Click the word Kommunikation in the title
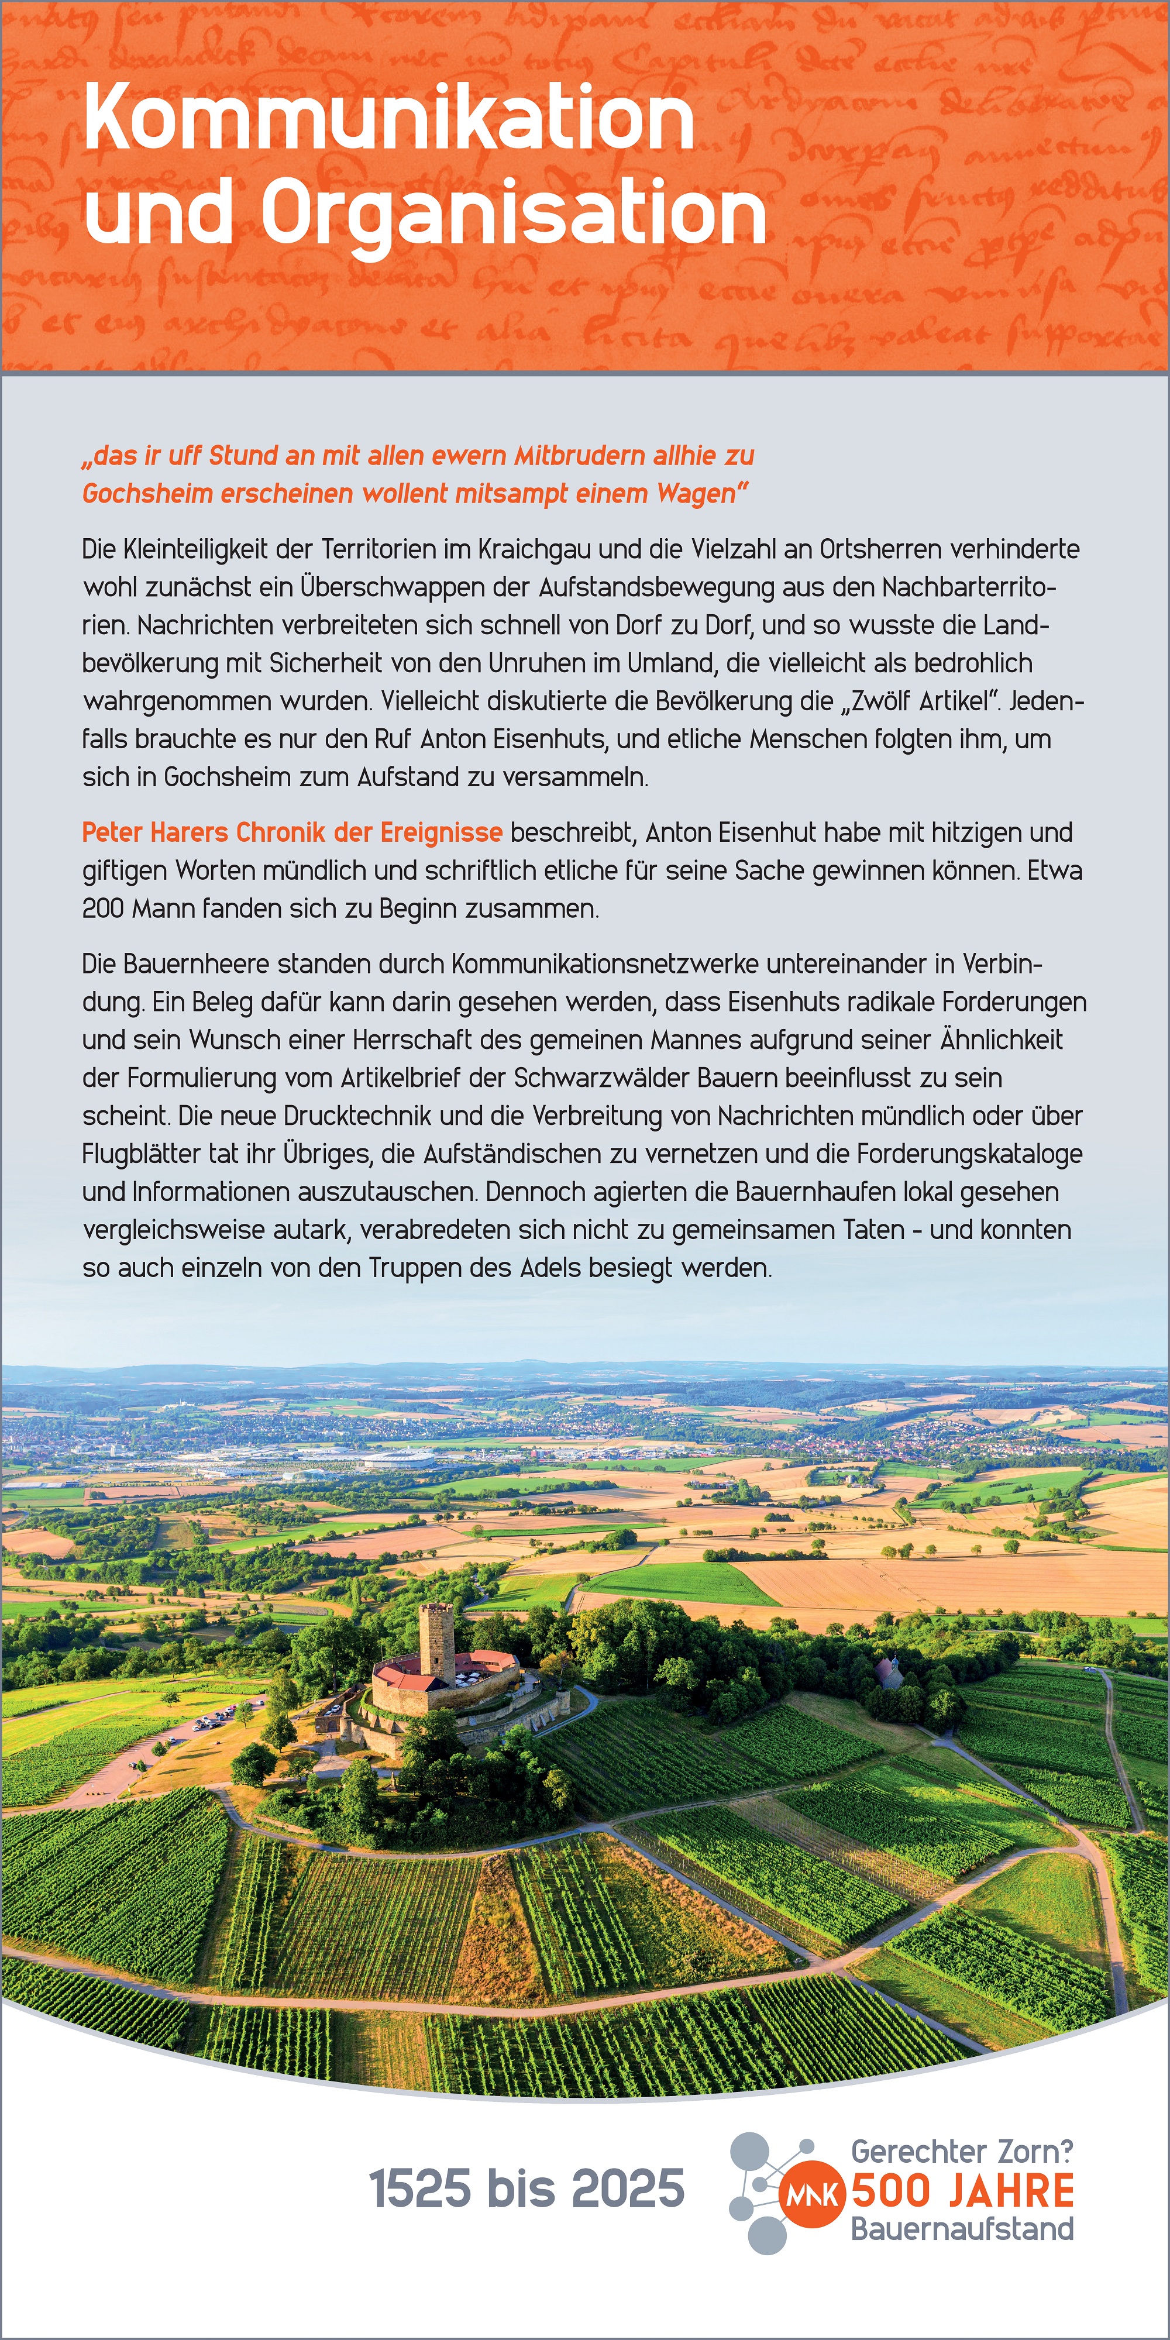coord(389,118)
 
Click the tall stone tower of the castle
coord(437,1645)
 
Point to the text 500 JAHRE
coord(962,2191)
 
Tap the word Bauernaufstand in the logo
coord(962,2229)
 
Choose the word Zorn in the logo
coord(1035,2152)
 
